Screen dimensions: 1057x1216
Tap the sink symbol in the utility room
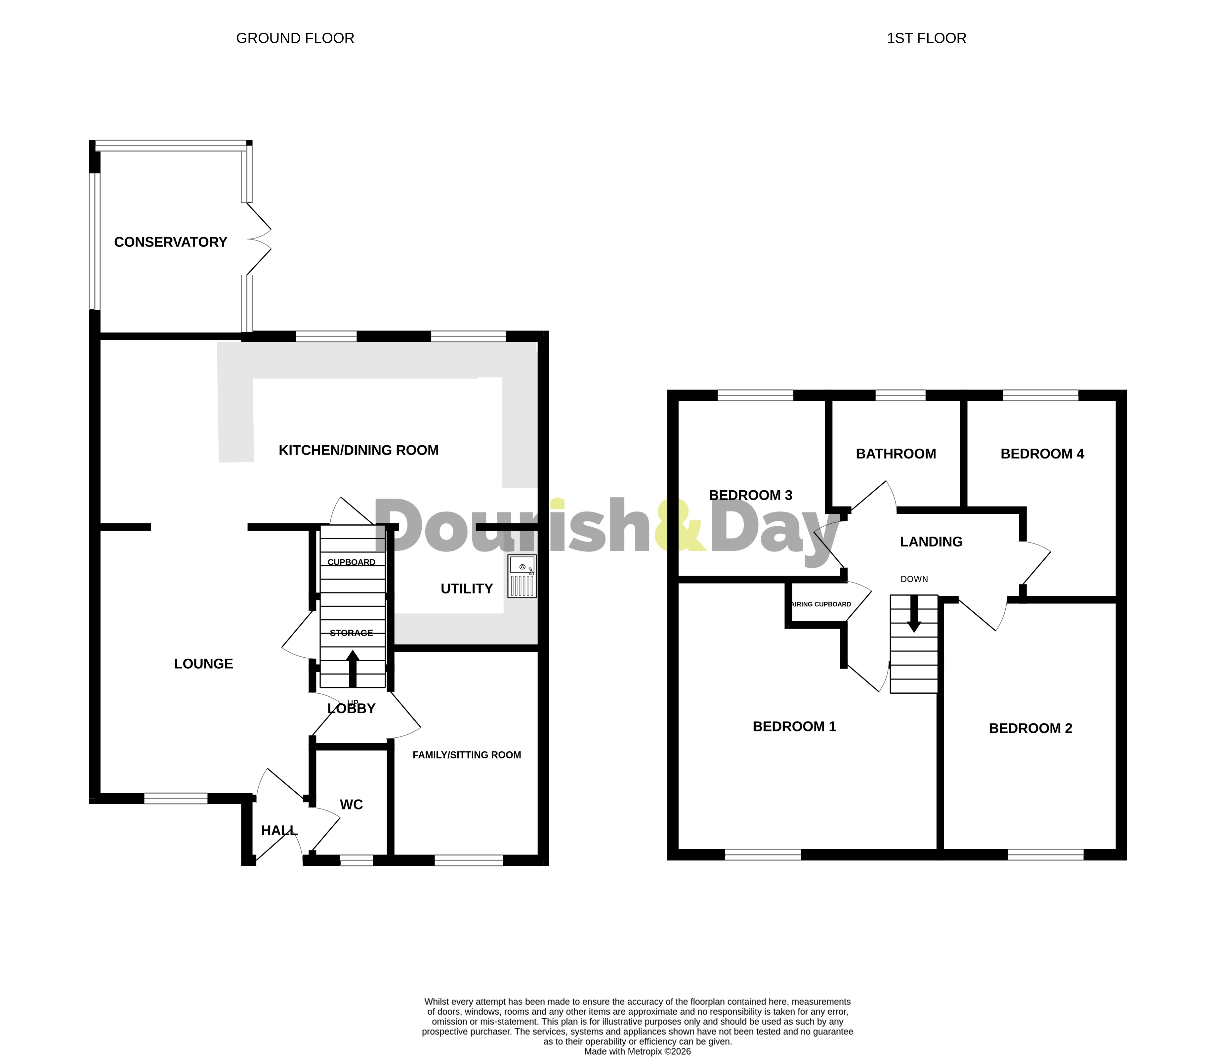coord(522,576)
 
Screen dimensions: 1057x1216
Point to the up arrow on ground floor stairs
coord(353,668)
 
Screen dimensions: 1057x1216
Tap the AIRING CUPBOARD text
coord(821,604)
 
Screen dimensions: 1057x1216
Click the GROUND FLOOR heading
coord(295,38)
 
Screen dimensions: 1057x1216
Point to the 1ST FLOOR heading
coord(926,38)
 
